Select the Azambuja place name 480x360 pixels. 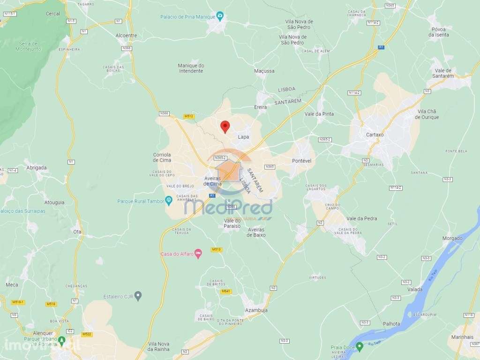click(x=256, y=311)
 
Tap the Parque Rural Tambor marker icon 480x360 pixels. click(x=169, y=201)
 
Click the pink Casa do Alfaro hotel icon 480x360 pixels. click(x=198, y=254)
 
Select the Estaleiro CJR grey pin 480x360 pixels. click(x=138, y=296)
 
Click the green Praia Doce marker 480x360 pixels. click(x=360, y=347)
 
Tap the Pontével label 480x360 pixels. click(x=302, y=160)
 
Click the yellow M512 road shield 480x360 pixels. click(x=189, y=116)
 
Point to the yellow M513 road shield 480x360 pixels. click(x=216, y=249)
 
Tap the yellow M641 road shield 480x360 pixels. click(x=226, y=291)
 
